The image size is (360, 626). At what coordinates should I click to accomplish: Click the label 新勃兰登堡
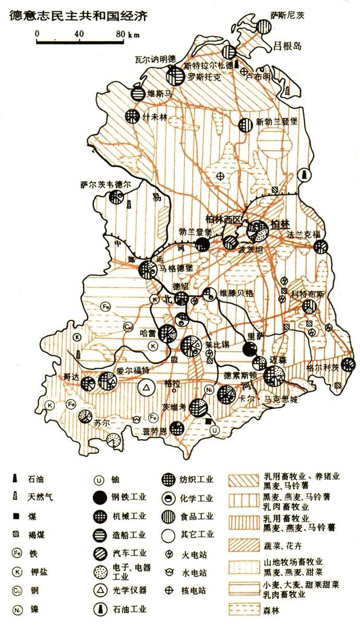click(277, 123)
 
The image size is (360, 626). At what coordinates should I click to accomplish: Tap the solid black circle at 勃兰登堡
click(202, 244)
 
